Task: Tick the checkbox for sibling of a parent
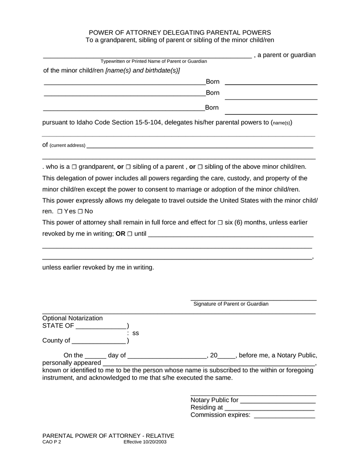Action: tap(128, 167)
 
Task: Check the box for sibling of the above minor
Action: tap(200, 167)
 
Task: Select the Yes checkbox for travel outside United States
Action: tap(60, 211)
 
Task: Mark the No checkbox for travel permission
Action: tap(80, 211)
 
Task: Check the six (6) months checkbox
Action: tap(220, 223)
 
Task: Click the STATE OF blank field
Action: tap(101, 326)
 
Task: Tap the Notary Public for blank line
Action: tap(278, 400)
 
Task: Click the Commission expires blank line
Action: tap(284, 415)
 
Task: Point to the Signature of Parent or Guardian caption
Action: tap(231, 304)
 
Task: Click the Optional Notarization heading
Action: tap(72, 318)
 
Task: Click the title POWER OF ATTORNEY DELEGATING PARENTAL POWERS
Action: tap(180, 33)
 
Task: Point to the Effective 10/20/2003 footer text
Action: tap(145, 442)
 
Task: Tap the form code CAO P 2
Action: tap(51, 442)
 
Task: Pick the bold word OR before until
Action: tap(120, 234)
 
